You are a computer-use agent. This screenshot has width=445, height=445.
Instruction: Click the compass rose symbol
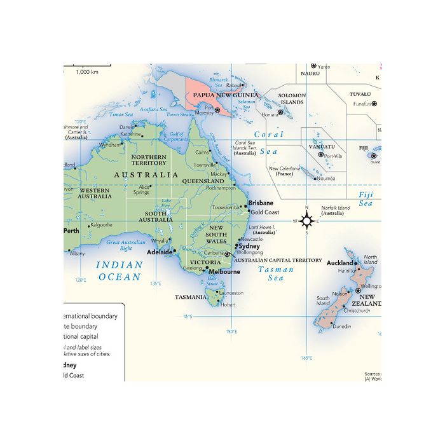306,221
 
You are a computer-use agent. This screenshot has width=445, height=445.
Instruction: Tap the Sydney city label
249,246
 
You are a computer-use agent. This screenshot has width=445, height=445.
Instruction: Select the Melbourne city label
225,271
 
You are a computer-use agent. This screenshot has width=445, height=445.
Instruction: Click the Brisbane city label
261,203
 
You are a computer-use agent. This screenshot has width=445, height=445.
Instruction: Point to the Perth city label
71,231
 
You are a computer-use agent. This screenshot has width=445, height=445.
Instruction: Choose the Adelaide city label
160,252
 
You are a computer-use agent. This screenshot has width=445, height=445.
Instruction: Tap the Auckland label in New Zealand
339,263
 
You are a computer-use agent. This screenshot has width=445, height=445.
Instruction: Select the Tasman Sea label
276,274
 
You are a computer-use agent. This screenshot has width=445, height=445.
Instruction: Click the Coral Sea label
268,143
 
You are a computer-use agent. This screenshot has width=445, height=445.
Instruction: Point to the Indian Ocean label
119,271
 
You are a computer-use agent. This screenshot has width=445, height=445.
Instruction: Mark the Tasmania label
190,297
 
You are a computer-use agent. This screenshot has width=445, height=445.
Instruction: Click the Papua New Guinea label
226,95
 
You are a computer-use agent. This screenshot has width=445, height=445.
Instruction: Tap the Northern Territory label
149,160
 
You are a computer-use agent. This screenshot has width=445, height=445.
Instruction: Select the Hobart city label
228,305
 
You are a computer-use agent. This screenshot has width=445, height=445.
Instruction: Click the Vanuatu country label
322,147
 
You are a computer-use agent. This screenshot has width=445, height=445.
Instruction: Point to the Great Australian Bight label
126,245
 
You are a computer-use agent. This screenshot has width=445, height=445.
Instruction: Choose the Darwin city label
127,127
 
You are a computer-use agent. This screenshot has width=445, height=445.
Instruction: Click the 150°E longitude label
231,331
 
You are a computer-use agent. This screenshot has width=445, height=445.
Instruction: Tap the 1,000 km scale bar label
86,72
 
